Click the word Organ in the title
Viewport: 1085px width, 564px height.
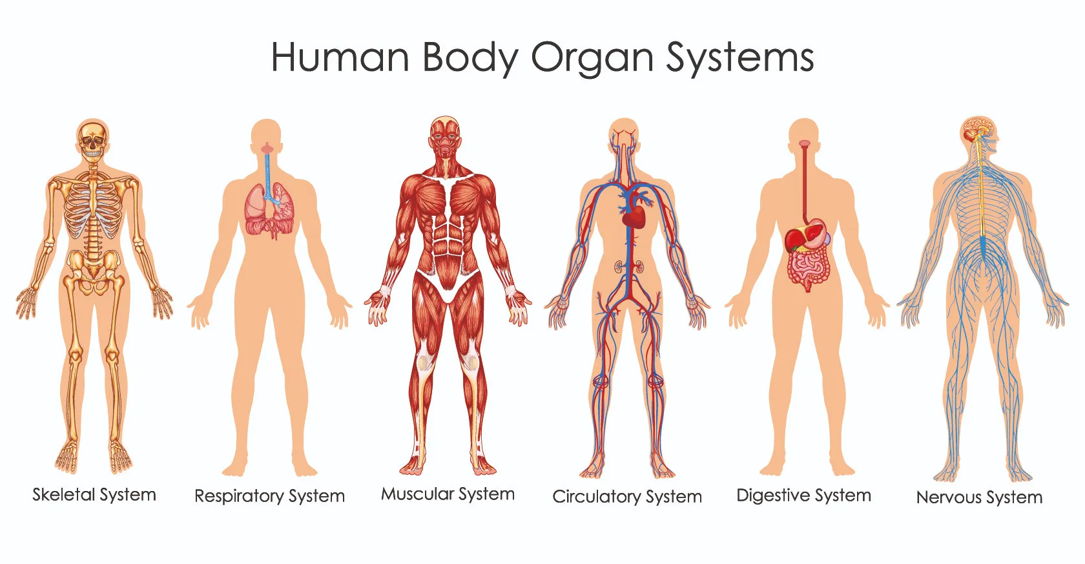click(x=593, y=59)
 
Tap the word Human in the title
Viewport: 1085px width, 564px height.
click(x=340, y=57)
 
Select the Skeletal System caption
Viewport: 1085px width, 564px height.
click(x=94, y=495)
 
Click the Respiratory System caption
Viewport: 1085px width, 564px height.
click(x=269, y=496)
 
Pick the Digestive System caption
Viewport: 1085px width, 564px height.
click(x=803, y=496)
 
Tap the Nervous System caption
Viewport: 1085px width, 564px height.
click(x=979, y=497)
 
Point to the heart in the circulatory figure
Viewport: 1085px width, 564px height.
click(x=634, y=216)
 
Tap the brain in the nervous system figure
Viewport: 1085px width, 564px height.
click(x=978, y=129)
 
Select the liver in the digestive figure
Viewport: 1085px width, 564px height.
click(x=798, y=238)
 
